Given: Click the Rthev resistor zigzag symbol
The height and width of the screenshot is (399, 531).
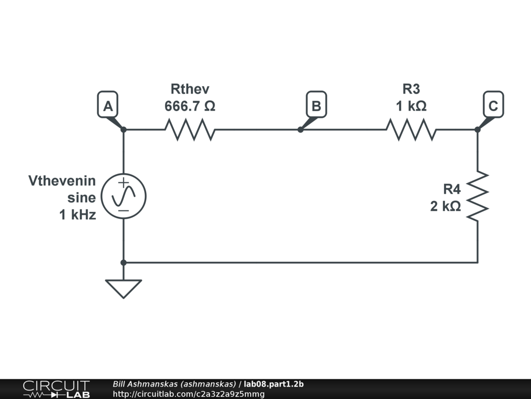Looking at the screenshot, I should click(x=189, y=129).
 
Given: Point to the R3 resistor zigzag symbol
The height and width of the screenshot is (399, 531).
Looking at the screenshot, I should click(x=411, y=129).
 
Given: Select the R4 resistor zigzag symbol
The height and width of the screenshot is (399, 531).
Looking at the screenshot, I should click(x=478, y=196).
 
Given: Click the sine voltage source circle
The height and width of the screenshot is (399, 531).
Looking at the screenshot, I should click(x=123, y=196).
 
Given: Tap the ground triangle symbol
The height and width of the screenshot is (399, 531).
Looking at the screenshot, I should click(x=123, y=288).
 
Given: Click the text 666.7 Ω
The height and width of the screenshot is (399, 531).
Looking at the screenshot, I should click(x=190, y=106).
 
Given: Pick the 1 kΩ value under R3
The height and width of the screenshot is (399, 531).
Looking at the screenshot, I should click(x=411, y=106).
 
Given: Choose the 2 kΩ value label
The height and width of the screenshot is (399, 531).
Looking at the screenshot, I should click(x=445, y=206).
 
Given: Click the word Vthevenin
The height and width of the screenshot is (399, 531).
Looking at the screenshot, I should click(x=62, y=181).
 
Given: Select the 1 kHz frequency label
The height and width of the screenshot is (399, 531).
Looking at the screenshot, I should click(x=78, y=214).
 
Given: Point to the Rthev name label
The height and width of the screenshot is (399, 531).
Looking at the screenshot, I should click(x=190, y=89).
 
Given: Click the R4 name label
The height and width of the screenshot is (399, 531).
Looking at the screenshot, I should click(x=451, y=189).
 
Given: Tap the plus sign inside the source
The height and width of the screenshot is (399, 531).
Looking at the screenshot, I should click(x=123, y=182).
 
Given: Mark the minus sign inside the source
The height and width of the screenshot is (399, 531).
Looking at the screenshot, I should click(x=123, y=210).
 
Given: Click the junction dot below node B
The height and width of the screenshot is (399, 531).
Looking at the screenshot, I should click(x=300, y=129).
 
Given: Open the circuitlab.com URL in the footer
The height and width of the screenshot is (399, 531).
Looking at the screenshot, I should click(x=188, y=394).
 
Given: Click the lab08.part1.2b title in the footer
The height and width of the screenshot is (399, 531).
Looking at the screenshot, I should click(x=274, y=384).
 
